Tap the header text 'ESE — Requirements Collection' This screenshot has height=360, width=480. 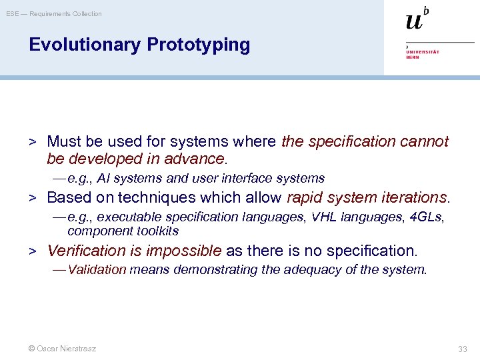click(x=54, y=13)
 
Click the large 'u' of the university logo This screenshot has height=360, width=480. click(x=414, y=21)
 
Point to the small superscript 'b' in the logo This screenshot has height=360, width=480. click(x=426, y=10)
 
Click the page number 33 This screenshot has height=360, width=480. click(x=463, y=349)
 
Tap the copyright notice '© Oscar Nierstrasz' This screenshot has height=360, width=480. click(x=61, y=349)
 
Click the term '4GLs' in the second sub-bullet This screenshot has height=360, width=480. click(x=426, y=217)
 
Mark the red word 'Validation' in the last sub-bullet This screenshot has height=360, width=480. click(x=97, y=269)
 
